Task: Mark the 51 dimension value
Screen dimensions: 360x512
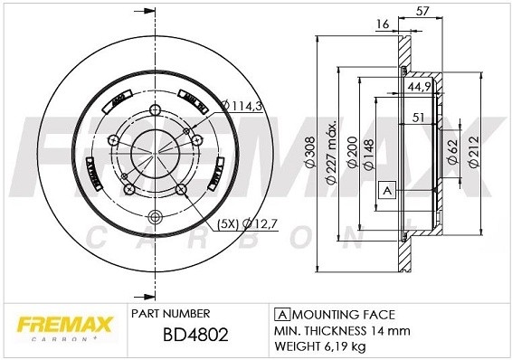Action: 419,117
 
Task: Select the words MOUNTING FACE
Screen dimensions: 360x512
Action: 342,314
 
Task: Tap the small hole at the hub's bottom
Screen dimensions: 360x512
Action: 154,215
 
